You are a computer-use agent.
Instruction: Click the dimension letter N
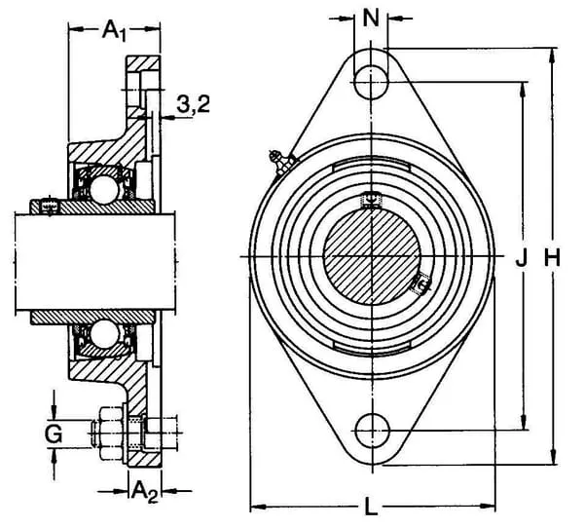click(x=370, y=17)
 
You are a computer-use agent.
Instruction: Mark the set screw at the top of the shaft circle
click(x=370, y=200)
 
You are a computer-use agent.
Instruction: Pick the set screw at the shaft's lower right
click(x=421, y=284)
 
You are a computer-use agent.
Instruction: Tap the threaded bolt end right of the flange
click(x=167, y=429)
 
